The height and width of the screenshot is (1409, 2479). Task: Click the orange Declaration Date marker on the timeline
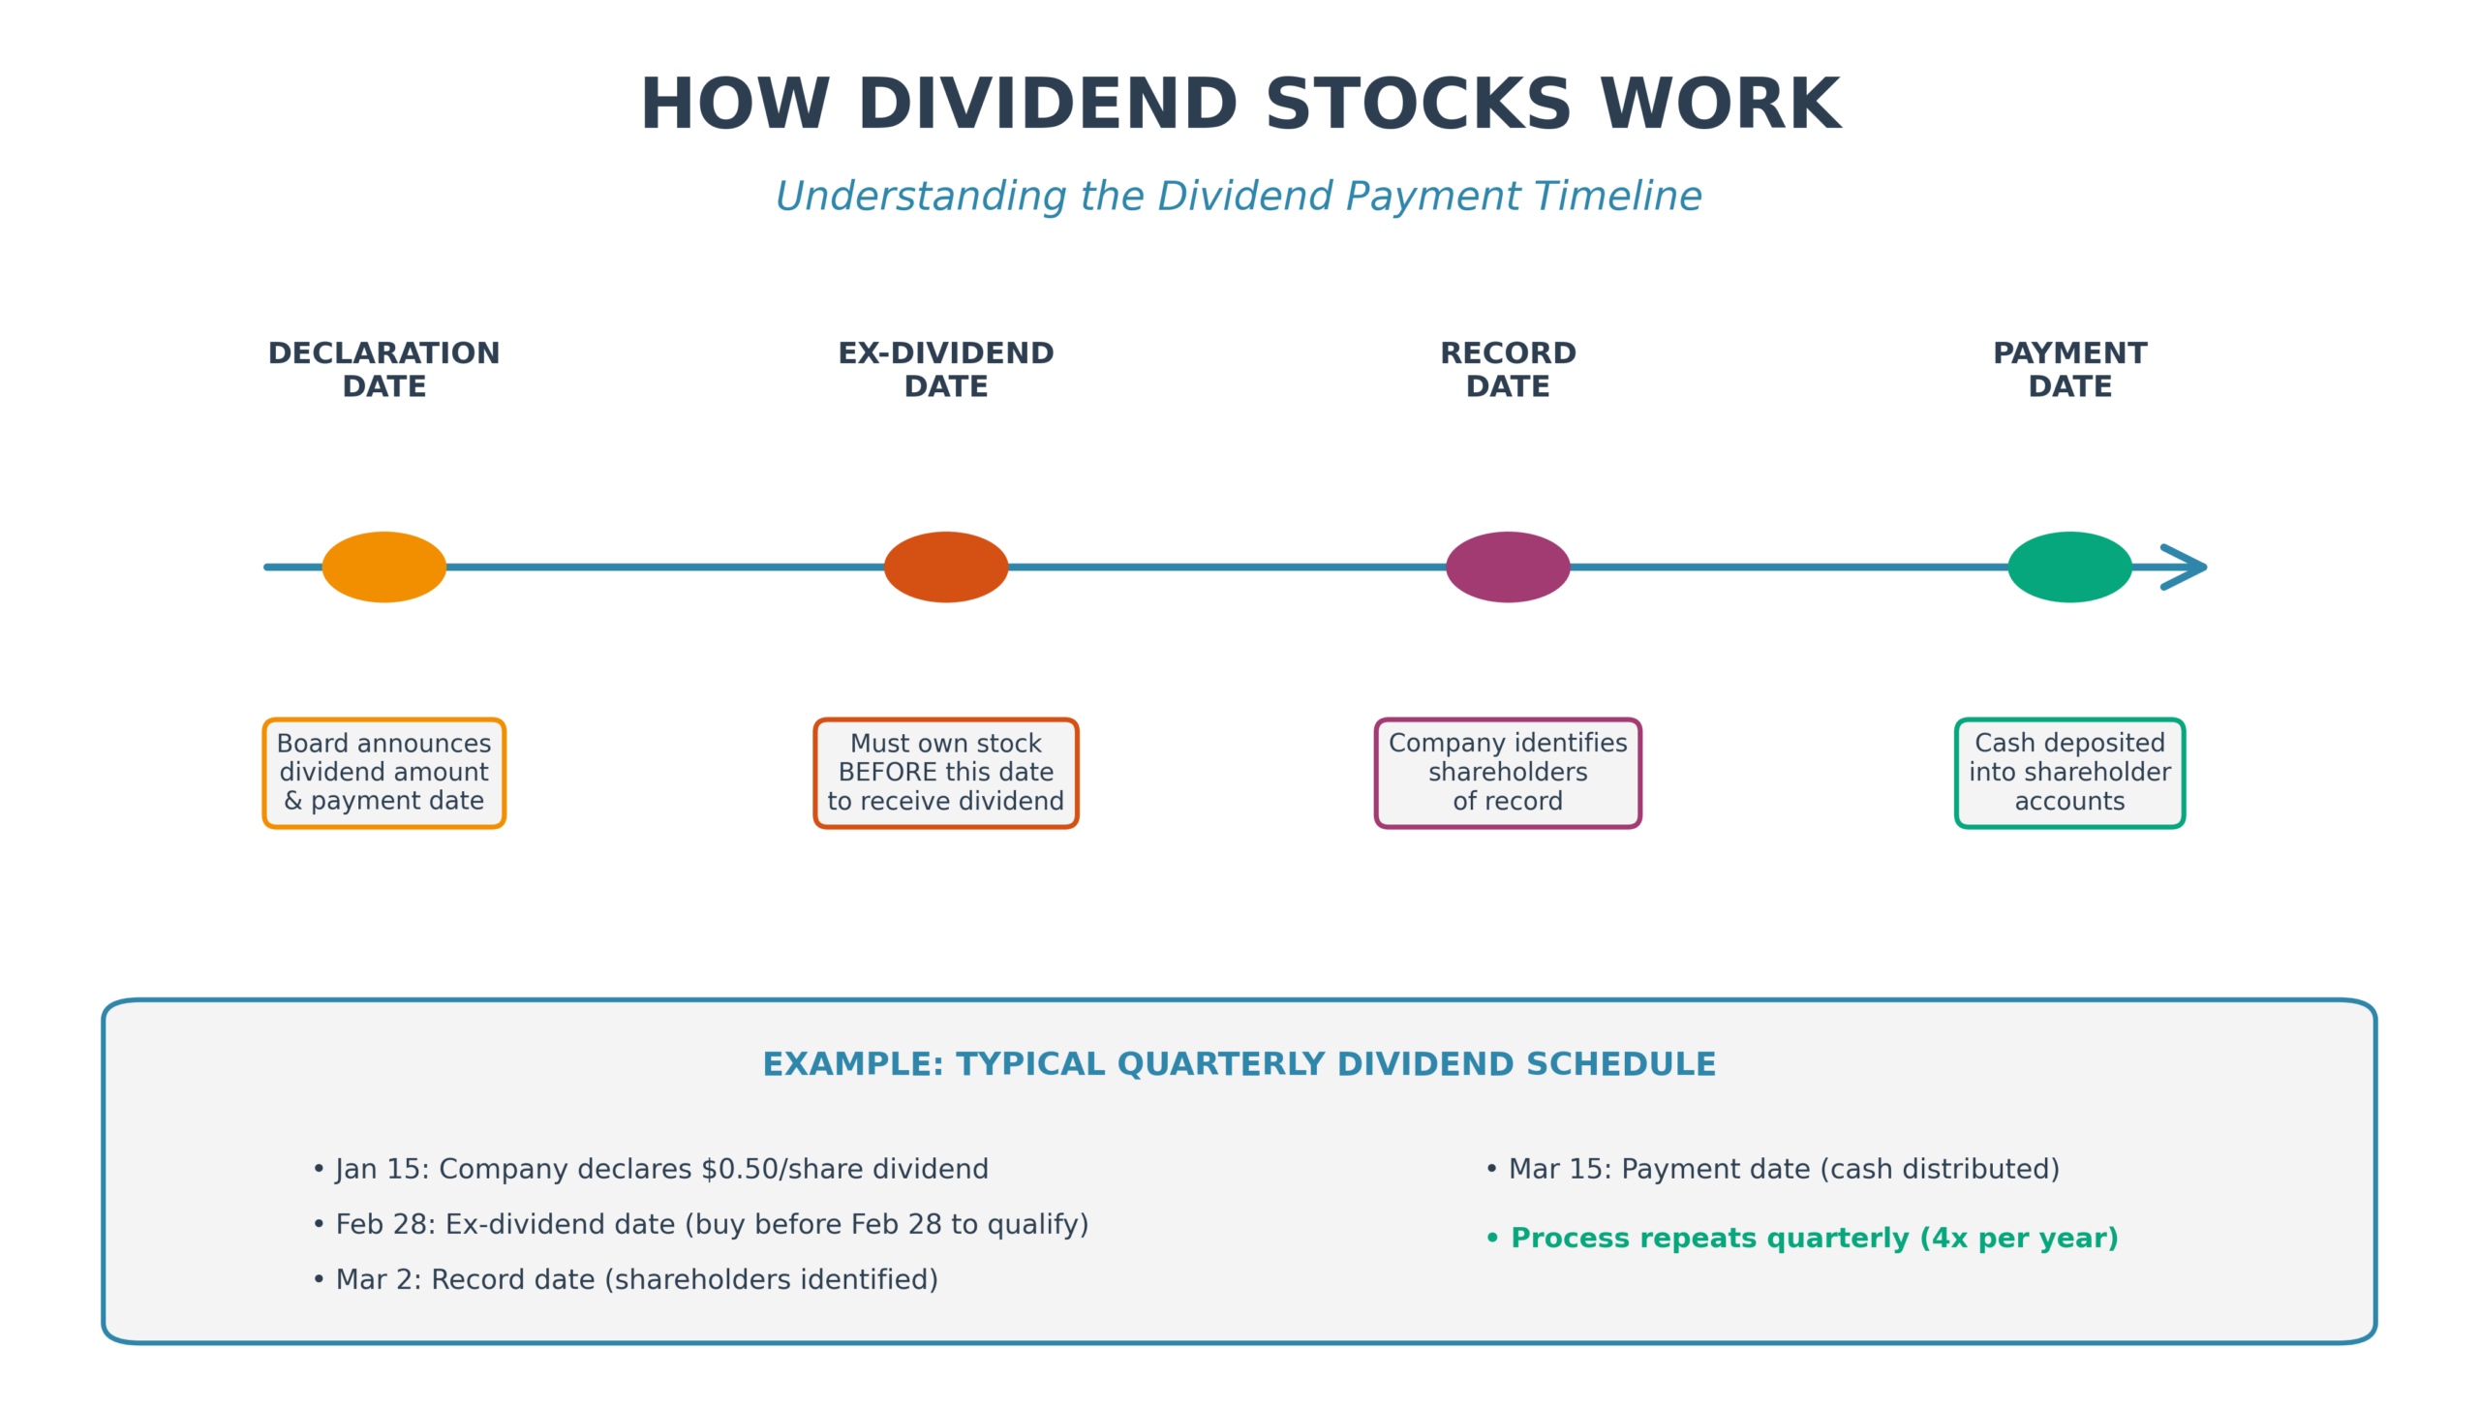pos(383,567)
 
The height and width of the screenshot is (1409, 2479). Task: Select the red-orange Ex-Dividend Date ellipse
pos(945,567)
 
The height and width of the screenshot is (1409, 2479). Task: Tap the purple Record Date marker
pos(1507,567)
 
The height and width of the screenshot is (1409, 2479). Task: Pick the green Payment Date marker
pos(2068,567)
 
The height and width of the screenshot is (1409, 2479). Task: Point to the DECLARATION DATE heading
pos(383,369)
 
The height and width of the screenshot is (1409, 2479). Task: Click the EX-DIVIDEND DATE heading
pos(945,369)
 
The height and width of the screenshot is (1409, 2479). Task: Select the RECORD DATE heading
pos(1507,369)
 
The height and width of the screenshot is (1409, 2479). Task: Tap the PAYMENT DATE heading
pos(2068,369)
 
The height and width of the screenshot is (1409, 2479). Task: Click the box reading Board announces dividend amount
pos(383,772)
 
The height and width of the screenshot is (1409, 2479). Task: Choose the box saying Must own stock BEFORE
pos(945,772)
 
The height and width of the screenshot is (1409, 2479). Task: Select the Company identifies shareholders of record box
pos(1507,772)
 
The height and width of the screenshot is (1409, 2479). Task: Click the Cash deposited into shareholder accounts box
pos(2068,772)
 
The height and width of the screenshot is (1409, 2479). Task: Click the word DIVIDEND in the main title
pos(1047,105)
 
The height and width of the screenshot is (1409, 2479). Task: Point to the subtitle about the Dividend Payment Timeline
pos(1238,196)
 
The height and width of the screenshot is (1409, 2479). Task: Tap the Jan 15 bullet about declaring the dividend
pos(651,1169)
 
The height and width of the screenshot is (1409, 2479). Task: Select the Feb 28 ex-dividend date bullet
pos(701,1224)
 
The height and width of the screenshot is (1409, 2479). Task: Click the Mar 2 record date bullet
pos(626,1279)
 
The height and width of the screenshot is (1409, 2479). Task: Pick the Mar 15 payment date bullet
pos(1772,1169)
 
